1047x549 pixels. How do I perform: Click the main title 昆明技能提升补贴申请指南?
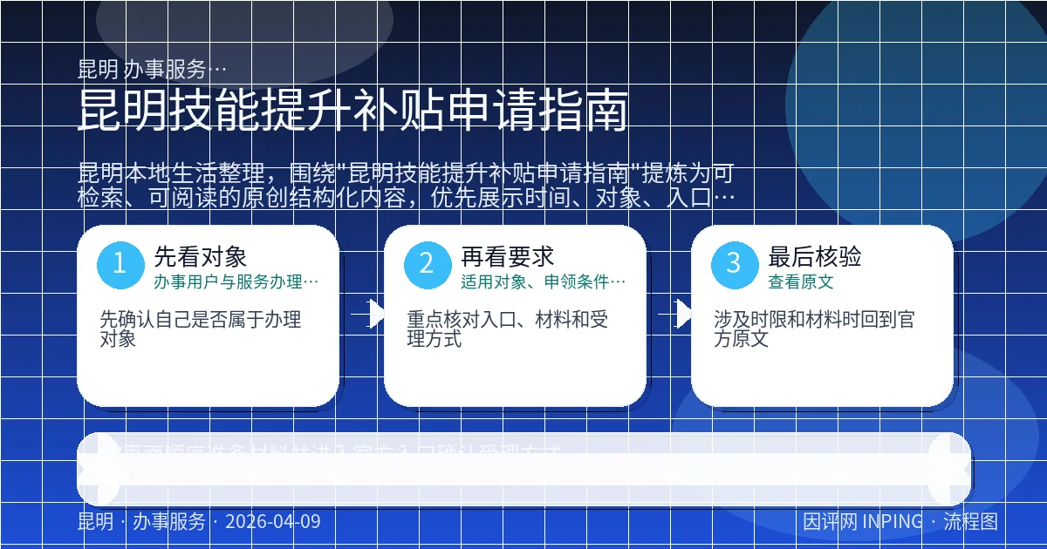[352, 110]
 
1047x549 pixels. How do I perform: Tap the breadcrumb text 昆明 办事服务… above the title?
[153, 69]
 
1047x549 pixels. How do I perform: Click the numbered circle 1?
[120, 263]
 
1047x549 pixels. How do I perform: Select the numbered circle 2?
[427, 263]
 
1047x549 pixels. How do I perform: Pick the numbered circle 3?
[735, 263]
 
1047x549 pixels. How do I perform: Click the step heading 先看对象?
[201, 256]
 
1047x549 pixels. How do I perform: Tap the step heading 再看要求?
[508, 256]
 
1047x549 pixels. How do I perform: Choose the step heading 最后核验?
[815, 256]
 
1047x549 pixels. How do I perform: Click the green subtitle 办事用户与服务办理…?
[236, 281]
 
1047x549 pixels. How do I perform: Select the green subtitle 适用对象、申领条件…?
[543, 281]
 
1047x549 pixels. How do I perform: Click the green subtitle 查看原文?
[800, 281]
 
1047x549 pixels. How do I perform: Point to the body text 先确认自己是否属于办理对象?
[201, 329]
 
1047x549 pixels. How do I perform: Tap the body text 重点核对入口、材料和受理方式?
[508, 329]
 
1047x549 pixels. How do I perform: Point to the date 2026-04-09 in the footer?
[272, 522]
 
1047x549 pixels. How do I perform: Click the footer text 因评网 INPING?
[862, 522]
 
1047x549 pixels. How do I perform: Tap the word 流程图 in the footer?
[970, 522]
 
